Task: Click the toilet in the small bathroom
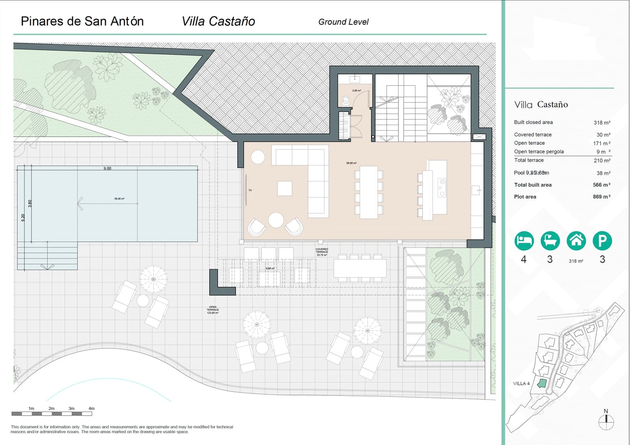tap(346, 101)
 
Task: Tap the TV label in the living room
tap(250, 190)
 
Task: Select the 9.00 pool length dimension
tap(107, 168)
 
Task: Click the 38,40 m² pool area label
tap(119, 199)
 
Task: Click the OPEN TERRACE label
tap(213, 310)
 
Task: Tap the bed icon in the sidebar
tap(524, 240)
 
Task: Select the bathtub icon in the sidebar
tap(550, 240)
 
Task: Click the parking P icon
tap(602, 240)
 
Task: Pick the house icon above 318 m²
tap(576, 240)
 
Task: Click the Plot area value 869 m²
tap(601, 197)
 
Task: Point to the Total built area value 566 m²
tap(601, 185)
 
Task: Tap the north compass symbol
tap(606, 421)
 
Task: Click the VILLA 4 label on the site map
tap(521, 384)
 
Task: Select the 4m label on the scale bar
tap(91, 408)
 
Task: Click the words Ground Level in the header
tap(343, 22)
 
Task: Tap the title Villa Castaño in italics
tap(218, 21)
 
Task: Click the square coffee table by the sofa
tap(284, 188)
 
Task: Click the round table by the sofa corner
tap(258, 157)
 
